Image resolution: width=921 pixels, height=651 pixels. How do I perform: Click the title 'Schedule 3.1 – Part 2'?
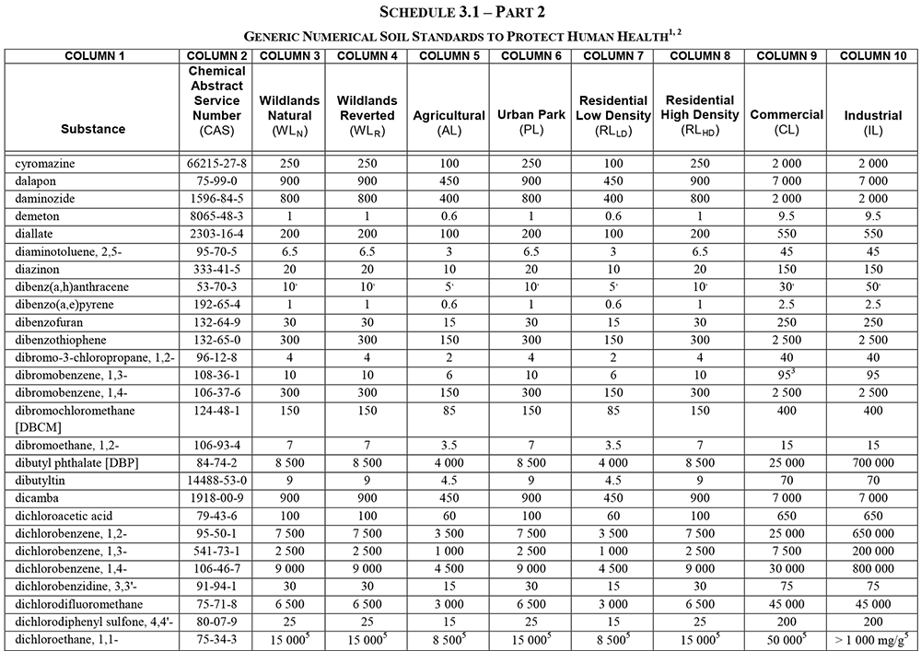[460, 12]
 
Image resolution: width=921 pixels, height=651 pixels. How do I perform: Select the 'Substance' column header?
[94, 129]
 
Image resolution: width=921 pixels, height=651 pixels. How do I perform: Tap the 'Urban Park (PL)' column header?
[530, 122]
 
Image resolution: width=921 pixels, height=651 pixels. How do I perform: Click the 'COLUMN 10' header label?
[872, 56]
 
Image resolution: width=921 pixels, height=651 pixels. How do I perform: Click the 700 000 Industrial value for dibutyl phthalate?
[872, 463]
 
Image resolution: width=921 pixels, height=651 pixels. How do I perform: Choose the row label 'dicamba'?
[34, 498]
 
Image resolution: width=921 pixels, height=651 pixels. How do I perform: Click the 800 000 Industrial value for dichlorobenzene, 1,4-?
[872, 568]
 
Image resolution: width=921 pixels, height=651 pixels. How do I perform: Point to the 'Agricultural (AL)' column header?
[449, 122]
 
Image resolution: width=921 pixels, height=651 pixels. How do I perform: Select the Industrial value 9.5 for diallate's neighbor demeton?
[872, 215]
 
